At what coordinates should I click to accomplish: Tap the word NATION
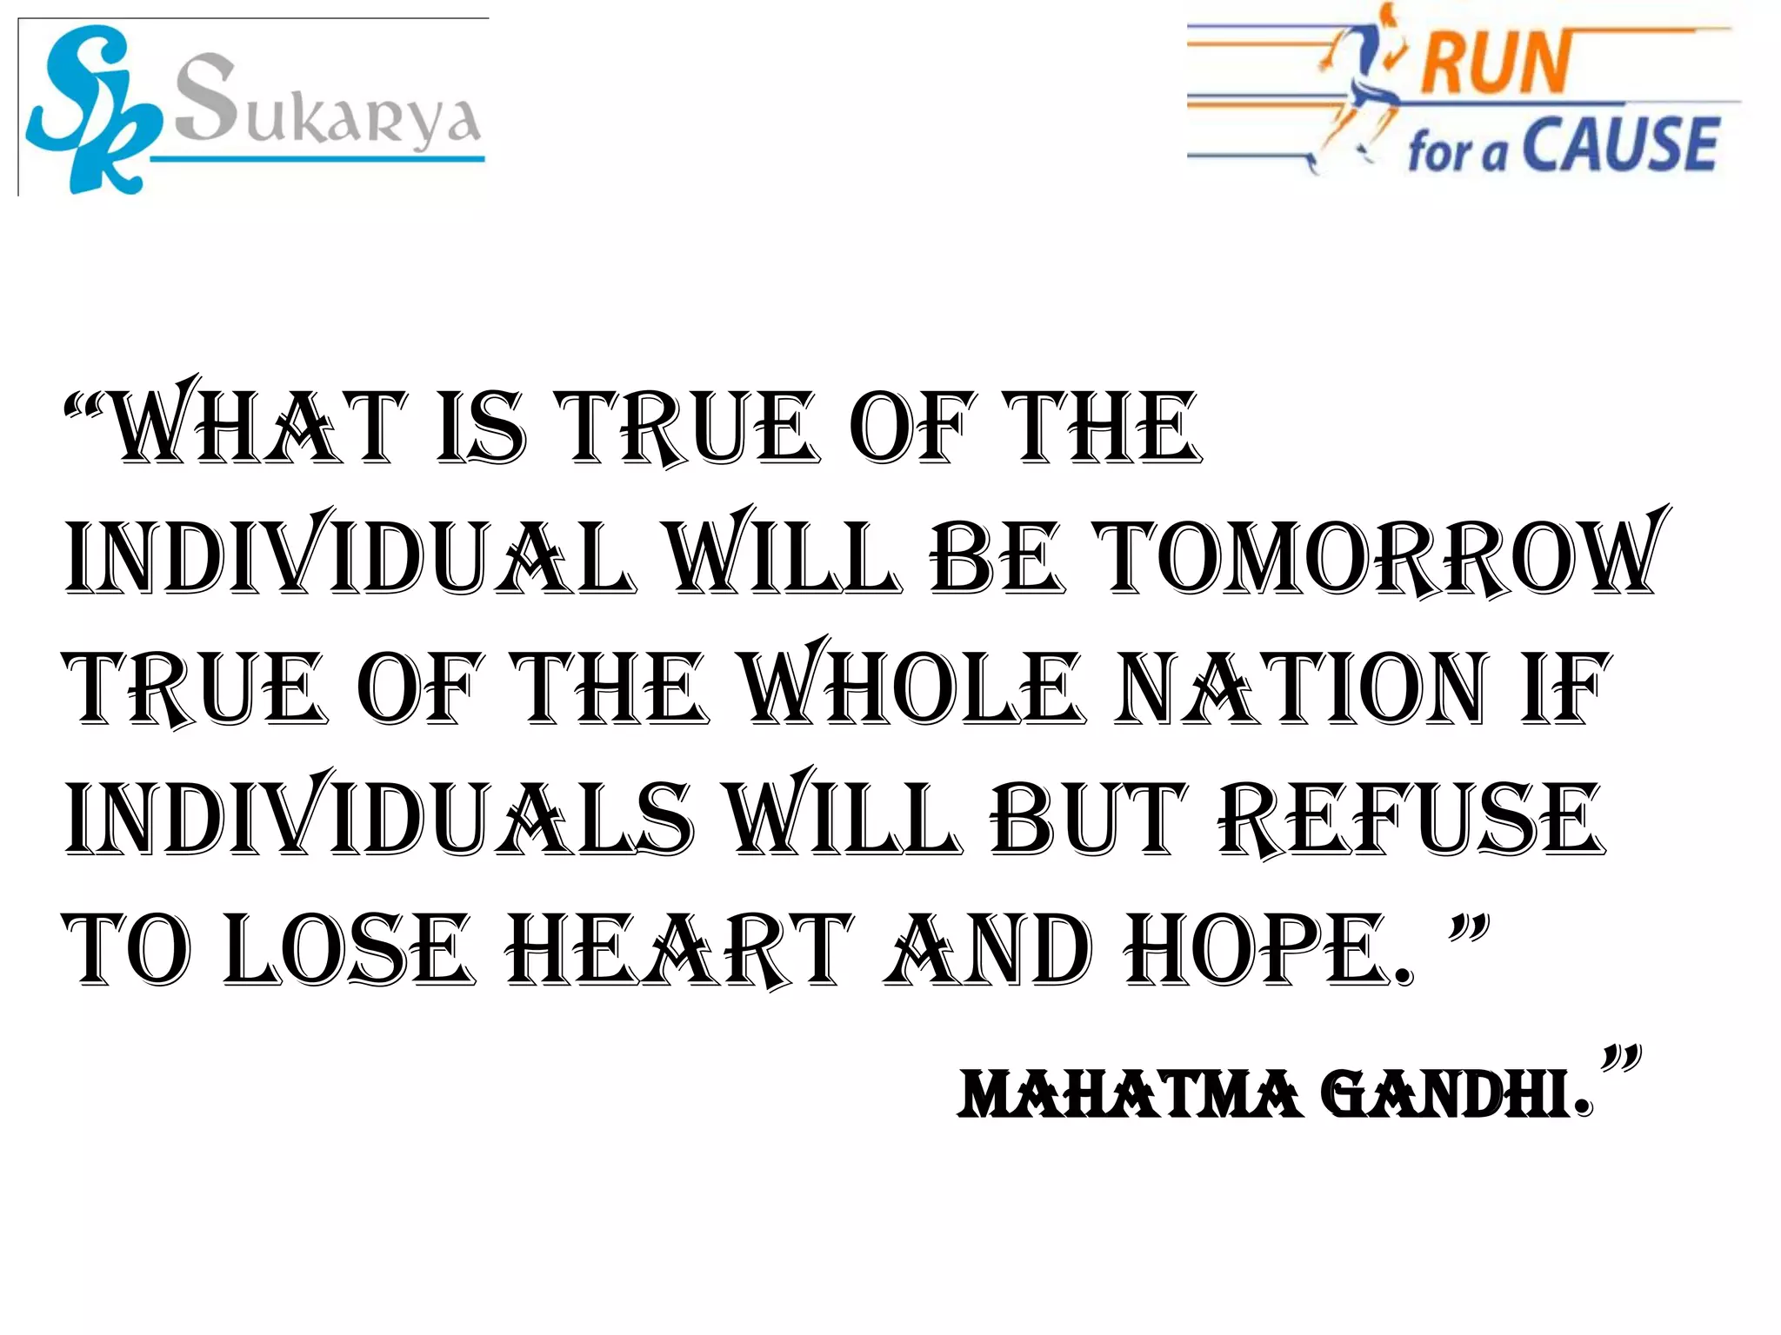1300,688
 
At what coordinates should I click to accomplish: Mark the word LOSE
348,949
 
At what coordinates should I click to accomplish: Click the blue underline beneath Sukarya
317,159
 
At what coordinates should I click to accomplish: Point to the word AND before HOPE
987,949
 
